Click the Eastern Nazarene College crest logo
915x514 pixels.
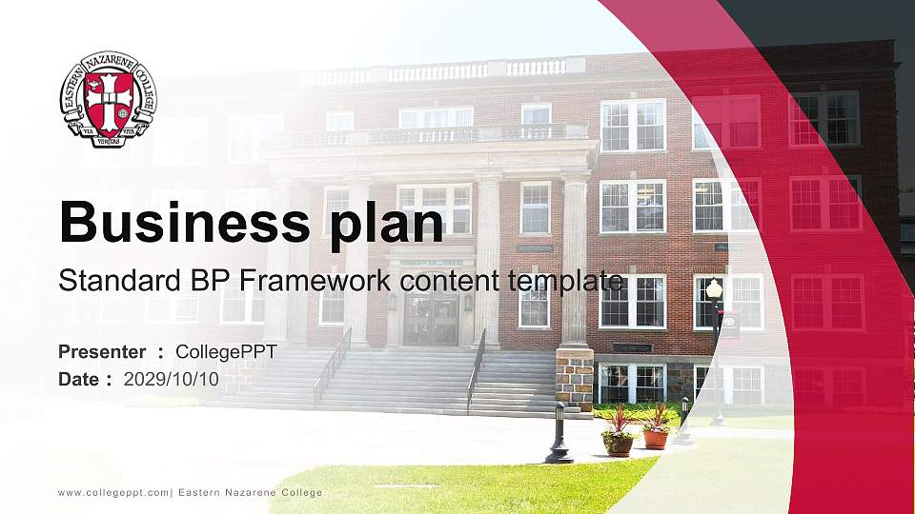click(x=108, y=100)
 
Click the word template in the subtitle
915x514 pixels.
click(x=566, y=281)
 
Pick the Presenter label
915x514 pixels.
click(x=102, y=352)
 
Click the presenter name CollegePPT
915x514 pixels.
click(x=226, y=352)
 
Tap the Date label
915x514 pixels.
click(x=80, y=379)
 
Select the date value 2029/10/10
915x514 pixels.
click(x=172, y=379)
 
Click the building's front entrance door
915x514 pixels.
click(x=431, y=318)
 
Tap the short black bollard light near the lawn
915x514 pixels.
click(x=558, y=434)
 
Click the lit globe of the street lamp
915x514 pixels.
click(x=714, y=287)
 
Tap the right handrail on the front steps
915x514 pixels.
click(x=476, y=366)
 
